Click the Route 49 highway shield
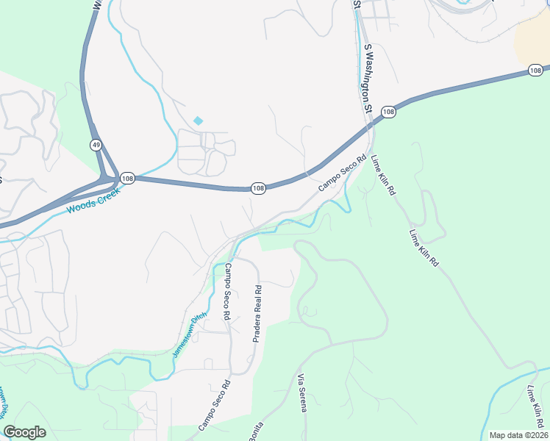(x=96, y=145)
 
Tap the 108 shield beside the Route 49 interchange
(x=127, y=178)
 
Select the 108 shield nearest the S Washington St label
(x=389, y=112)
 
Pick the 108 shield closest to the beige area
(x=535, y=71)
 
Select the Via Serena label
(x=301, y=393)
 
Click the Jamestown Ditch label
(x=190, y=336)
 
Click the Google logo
(x=24, y=432)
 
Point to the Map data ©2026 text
(x=518, y=435)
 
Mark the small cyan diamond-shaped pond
(x=197, y=121)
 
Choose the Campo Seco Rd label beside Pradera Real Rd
(x=228, y=291)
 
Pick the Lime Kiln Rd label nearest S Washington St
(x=384, y=175)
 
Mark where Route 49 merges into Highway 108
(x=110, y=177)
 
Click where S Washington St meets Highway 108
(x=370, y=126)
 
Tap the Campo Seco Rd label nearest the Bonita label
(x=214, y=405)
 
